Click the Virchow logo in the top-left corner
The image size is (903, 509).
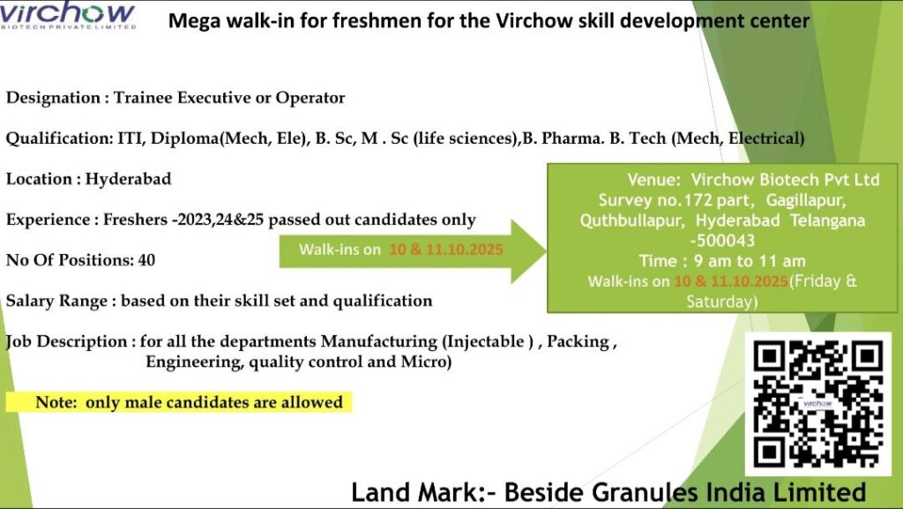pyautogui.click(x=68, y=16)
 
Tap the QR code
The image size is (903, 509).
pyautogui.click(x=818, y=404)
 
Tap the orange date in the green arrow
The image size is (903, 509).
pyautogui.click(x=446, y=250)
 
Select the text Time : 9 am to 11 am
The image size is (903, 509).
pyautogui.click(x=722, y=260)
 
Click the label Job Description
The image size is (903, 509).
pyautogui.click(x=66, y=341)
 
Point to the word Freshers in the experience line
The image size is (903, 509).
pyautogui.click(x=128, y=220)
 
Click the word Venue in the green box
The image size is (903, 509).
pyautogui.click(x=653, y=179)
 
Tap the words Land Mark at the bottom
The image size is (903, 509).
pyautogui.click(x=401, y=491)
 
